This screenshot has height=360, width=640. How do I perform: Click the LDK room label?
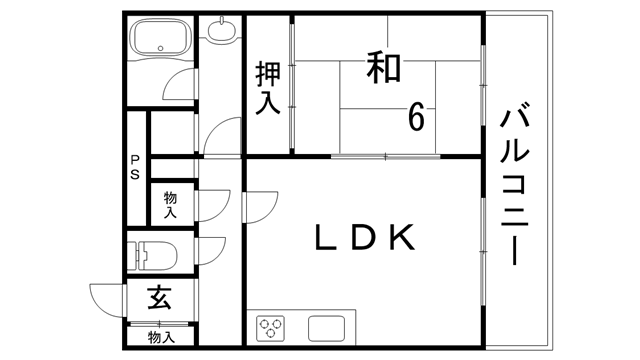pos(363,237)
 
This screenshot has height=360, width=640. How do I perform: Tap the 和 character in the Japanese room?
pos(383,69)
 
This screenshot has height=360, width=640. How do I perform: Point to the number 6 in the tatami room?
pos(416,116)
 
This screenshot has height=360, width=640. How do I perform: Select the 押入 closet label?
pos(268,88)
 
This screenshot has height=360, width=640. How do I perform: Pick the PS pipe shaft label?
pos(134,167)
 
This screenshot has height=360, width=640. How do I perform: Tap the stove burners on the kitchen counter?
pos(271,328)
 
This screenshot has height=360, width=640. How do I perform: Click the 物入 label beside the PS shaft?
pos(170,205)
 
